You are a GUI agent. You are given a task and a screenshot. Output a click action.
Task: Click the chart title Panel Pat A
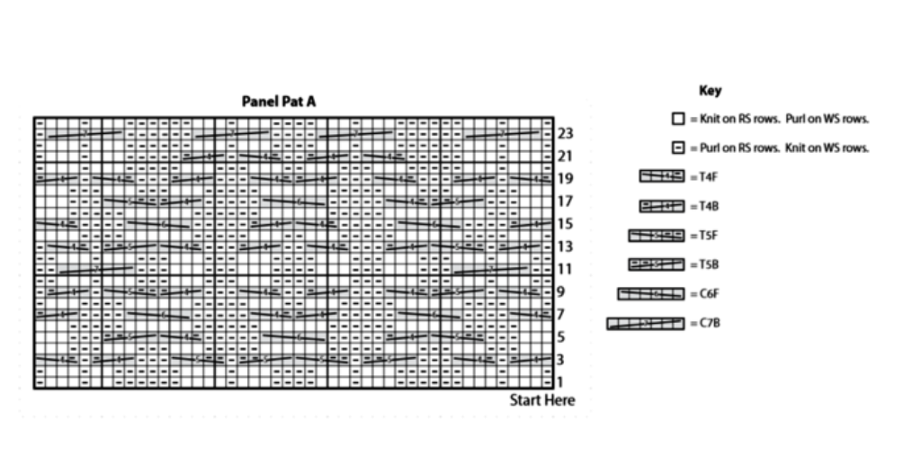(279, 102)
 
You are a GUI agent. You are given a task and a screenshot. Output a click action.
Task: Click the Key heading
(710, 91)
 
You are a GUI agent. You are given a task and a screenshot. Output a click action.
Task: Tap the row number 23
(565, 133)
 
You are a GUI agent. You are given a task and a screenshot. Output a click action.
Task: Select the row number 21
(565, 156)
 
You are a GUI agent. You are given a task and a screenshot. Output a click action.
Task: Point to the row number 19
(565, 179)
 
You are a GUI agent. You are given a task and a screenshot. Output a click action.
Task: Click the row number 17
(565, 201)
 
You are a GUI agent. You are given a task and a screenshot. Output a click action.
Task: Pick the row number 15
(565, 224)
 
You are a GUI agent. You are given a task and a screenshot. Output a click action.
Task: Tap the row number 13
(565, 246)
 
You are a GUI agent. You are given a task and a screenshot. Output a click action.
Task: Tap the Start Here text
(542, 400)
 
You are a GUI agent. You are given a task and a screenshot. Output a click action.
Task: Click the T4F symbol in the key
(662, 177)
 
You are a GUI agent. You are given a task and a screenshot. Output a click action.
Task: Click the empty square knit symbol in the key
(678, 119)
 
